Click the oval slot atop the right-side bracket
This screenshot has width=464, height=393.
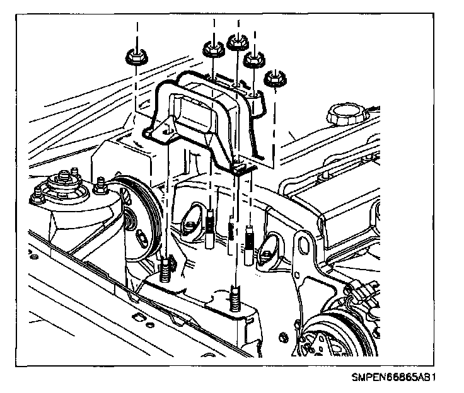click(303, 242)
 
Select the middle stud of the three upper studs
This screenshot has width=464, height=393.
click(232, 231)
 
